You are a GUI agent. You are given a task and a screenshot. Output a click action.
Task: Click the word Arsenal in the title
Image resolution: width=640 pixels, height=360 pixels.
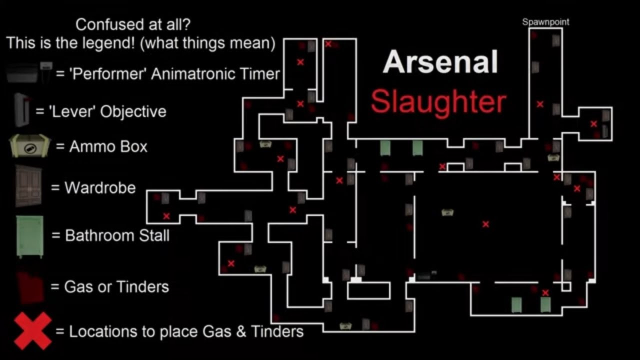coord(440,62)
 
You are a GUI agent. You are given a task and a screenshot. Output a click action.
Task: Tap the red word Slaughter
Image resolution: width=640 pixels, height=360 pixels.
coord(438,102)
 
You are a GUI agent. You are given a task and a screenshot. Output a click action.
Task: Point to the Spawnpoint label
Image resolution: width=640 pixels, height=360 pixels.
coord(545,22)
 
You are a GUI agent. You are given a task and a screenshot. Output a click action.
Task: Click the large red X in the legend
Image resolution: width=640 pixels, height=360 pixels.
coord(32,331)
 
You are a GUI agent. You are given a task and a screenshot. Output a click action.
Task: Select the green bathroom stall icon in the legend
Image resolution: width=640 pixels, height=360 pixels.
coord(30,236)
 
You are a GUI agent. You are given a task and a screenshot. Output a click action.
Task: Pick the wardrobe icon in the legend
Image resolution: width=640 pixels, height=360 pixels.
coord(28,186)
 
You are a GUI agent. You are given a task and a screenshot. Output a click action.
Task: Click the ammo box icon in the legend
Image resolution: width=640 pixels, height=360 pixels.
coord(29,146)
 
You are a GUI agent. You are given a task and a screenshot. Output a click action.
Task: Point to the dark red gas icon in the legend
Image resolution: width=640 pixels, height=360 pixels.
coord(30,287)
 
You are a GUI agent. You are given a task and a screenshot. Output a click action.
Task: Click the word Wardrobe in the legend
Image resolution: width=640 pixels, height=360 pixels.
coord(100,187)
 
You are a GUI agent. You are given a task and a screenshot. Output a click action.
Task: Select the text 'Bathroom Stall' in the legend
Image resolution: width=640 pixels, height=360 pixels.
coord(117,235)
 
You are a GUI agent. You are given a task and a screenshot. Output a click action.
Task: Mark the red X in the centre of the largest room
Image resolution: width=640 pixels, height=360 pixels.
coord(485,224)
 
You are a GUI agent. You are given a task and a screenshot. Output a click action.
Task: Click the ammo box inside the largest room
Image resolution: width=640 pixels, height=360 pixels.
coord(447,212)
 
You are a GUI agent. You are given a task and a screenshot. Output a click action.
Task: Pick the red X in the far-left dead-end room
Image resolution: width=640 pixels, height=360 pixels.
coord(166,216)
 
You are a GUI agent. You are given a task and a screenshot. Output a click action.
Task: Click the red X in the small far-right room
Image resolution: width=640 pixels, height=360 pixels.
coord(593,123)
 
